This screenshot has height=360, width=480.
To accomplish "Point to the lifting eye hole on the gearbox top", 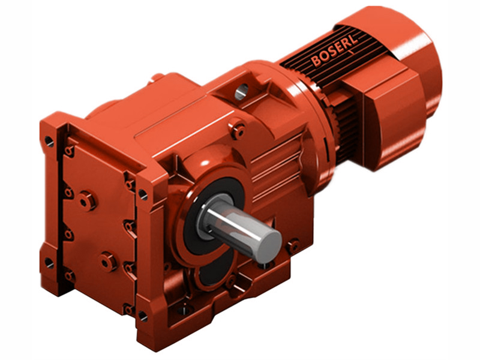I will click(x=241, y=92).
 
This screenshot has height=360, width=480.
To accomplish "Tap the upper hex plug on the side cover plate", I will click(x=88, y=200).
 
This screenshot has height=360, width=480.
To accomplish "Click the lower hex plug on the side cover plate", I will click(x=108, y=261).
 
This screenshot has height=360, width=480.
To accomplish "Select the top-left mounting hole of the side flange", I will click(x=49, y=142).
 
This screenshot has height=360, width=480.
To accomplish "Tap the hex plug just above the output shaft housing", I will click(x=238, y=130).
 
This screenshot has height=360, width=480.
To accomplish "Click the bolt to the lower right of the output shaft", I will click(x=293, y=245).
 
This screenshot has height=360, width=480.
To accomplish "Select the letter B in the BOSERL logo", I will click(x=316, y=61).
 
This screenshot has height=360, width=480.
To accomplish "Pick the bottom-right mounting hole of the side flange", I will click(x=142, y=314).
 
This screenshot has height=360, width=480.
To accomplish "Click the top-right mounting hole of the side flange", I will click(x=143, y=193).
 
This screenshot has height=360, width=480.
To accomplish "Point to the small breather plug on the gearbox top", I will click(x=157, y=77).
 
